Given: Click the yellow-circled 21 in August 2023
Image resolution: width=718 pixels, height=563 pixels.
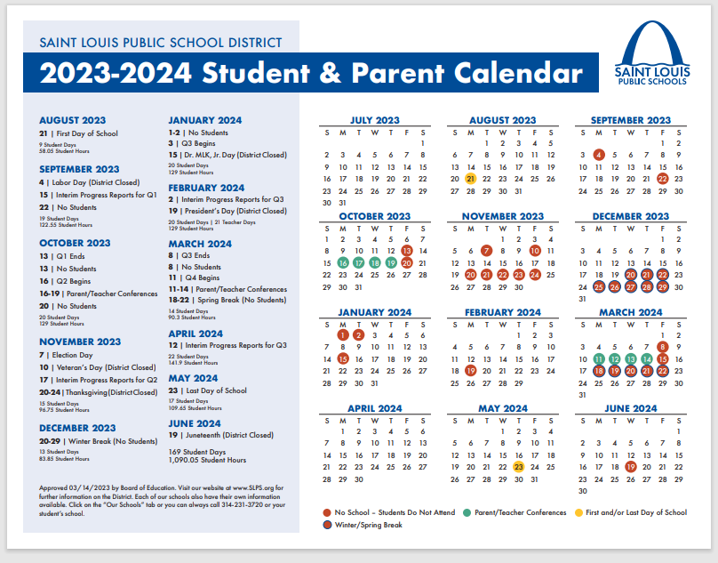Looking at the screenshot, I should (x=470, y=178).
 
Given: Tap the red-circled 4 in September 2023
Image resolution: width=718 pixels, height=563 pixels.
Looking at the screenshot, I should (x=599, y=155).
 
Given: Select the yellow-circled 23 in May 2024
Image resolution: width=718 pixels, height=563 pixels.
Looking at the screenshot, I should (x=518, y=466).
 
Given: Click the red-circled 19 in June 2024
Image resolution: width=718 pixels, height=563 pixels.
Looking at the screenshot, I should (x=630, y=466).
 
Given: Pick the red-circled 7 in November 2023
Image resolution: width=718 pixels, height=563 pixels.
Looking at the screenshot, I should (x=486, y=251).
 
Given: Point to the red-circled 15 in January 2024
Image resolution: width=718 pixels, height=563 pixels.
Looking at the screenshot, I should (x=343, y=358).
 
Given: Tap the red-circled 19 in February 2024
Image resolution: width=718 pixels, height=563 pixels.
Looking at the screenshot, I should (x=470, y=371).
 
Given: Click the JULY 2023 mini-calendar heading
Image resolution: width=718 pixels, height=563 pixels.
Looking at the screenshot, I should (x=374, y=120).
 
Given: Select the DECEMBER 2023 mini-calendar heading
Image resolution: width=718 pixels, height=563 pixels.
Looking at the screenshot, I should (x=630, y=216).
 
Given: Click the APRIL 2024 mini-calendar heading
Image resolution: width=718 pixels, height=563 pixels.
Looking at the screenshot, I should (x=374, y=408).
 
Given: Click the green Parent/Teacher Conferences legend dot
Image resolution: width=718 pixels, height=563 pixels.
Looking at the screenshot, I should (x=467, y=512).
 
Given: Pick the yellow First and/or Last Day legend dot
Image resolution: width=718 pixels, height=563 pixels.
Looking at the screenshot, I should (x=578, y=512).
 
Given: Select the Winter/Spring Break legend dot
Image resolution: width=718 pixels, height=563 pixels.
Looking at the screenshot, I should (x=326, y=525).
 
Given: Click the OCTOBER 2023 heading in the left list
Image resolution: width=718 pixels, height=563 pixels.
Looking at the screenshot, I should (x=75, y=243).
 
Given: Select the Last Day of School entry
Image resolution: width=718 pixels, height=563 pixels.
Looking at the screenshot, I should (x=215, y=390).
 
